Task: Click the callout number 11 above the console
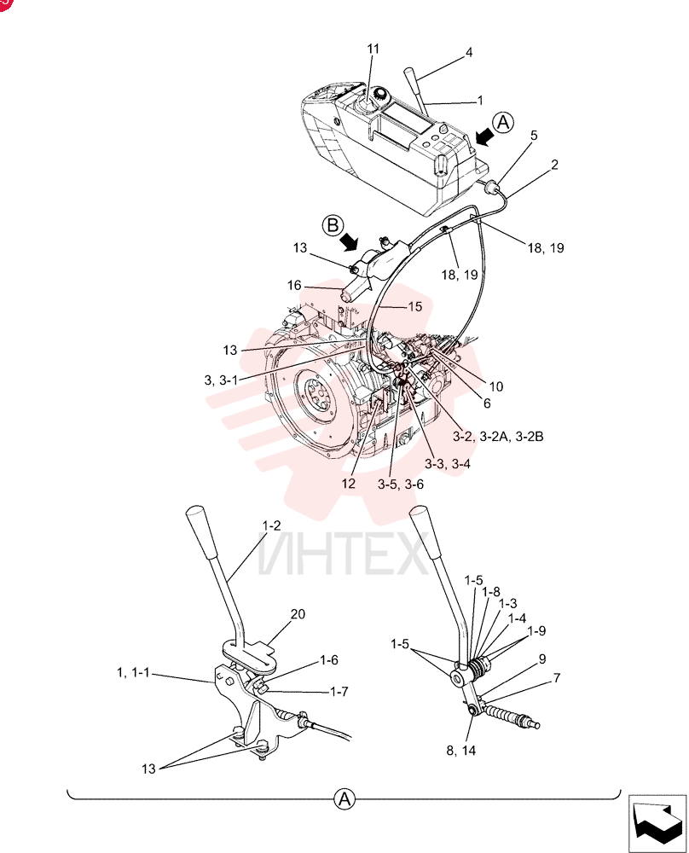pos(373,49)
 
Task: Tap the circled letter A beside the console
pos(504,122)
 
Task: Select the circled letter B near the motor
pos(333,225)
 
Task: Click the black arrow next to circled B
pos(349,241)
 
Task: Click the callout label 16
pos(294,286)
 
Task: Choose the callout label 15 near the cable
pos(415,307)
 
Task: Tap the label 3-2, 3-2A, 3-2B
pos(498,436)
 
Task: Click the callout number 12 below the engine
pos(349,483)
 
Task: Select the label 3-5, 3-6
pos(401,485)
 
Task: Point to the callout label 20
pos(298,614)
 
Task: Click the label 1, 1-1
pos(133,673)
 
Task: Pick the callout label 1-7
pos(339,692)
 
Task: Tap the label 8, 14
pos(461,751)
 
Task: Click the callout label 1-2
pos(271,525)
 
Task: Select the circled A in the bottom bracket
pos(344,800)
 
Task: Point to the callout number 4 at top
pos(469,53)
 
